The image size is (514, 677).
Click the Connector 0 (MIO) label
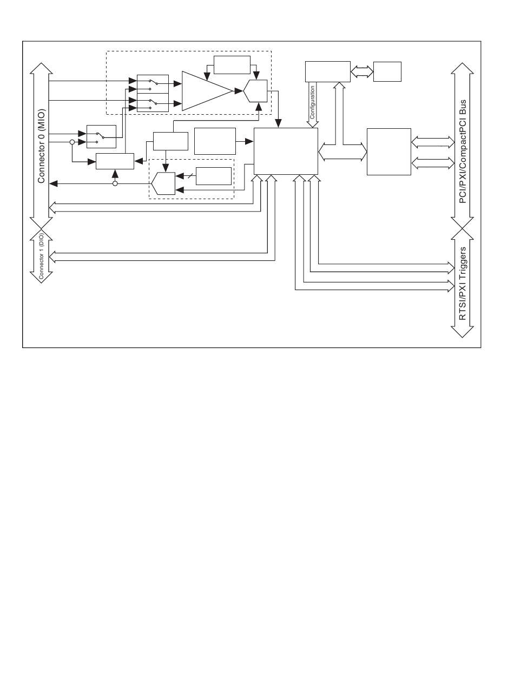tap(41, 146)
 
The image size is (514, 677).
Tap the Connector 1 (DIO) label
tap(41, 256)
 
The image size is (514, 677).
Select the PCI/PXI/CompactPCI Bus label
tap(463, 152)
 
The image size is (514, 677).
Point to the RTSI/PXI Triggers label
tap(463, 284)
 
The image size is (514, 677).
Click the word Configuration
tap(312, 102)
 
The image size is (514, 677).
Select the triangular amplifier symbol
tap(207, 91)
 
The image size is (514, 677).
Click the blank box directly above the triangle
tap(232, 65)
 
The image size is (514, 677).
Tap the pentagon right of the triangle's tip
tap(255, 91)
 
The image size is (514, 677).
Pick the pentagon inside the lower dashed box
tap(163, 183)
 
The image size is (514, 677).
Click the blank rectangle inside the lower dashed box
tap(214, 176)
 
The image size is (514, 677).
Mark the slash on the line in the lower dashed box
tap(190, 176)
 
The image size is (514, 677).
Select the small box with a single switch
tap(101, 136)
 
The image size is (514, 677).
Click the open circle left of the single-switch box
tap(72, 142)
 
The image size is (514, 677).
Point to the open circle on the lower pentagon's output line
tap(115, 183)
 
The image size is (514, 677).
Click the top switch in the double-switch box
tap(154, 82)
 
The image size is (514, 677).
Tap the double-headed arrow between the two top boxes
tap(362, 71)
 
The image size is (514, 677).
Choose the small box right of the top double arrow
tap(387, 71)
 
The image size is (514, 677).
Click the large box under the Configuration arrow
tap(286, 151)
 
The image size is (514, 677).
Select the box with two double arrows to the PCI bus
tap(389, 152)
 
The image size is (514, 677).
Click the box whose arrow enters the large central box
tap(215, 141)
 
